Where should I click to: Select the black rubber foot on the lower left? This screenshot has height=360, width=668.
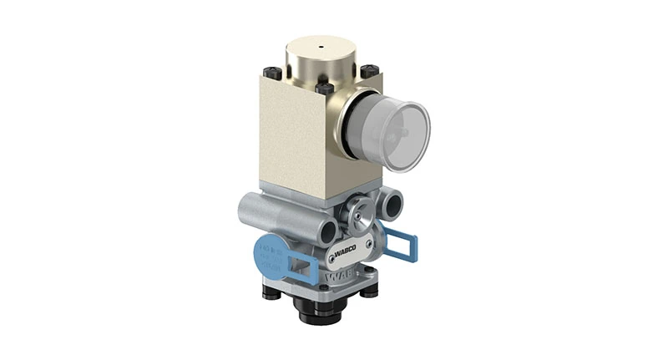(275, 292)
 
